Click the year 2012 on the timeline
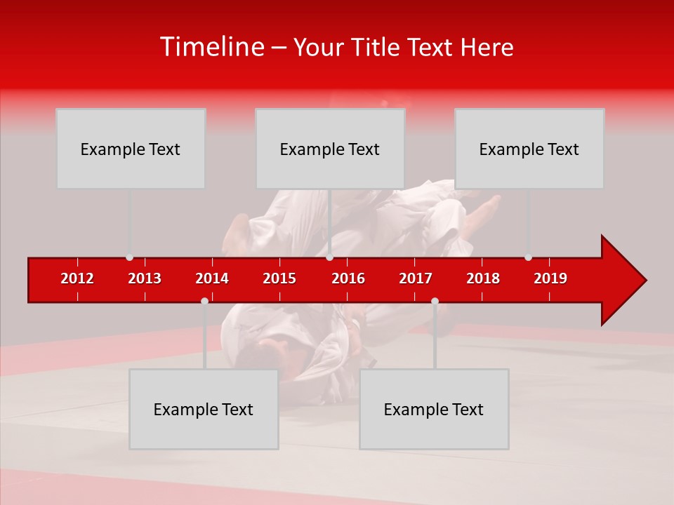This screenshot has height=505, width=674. (77, 278)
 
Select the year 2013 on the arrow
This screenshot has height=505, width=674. (145, 278)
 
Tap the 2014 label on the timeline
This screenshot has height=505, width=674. (212, 278)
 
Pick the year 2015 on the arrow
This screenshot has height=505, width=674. (279, 278)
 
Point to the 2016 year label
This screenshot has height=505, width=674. (348, 278)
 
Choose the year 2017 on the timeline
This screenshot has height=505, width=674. (416, 278)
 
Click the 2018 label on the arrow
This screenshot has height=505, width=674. (483, 278)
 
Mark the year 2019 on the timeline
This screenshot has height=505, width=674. (550, 278)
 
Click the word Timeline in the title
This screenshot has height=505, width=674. (211, 47)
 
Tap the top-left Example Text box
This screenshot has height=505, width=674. (131, 149)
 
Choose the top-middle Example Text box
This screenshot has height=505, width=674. (330, 149)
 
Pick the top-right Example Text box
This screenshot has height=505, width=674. (529, 149)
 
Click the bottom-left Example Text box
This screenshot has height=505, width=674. (204, 409)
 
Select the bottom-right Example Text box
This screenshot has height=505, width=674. (434, 409)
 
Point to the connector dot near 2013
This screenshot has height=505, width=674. (129, 257)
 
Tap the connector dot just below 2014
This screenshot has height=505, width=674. (204, 301)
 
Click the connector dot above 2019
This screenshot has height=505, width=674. (528, 257)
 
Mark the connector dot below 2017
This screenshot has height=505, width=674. (435, 301)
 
